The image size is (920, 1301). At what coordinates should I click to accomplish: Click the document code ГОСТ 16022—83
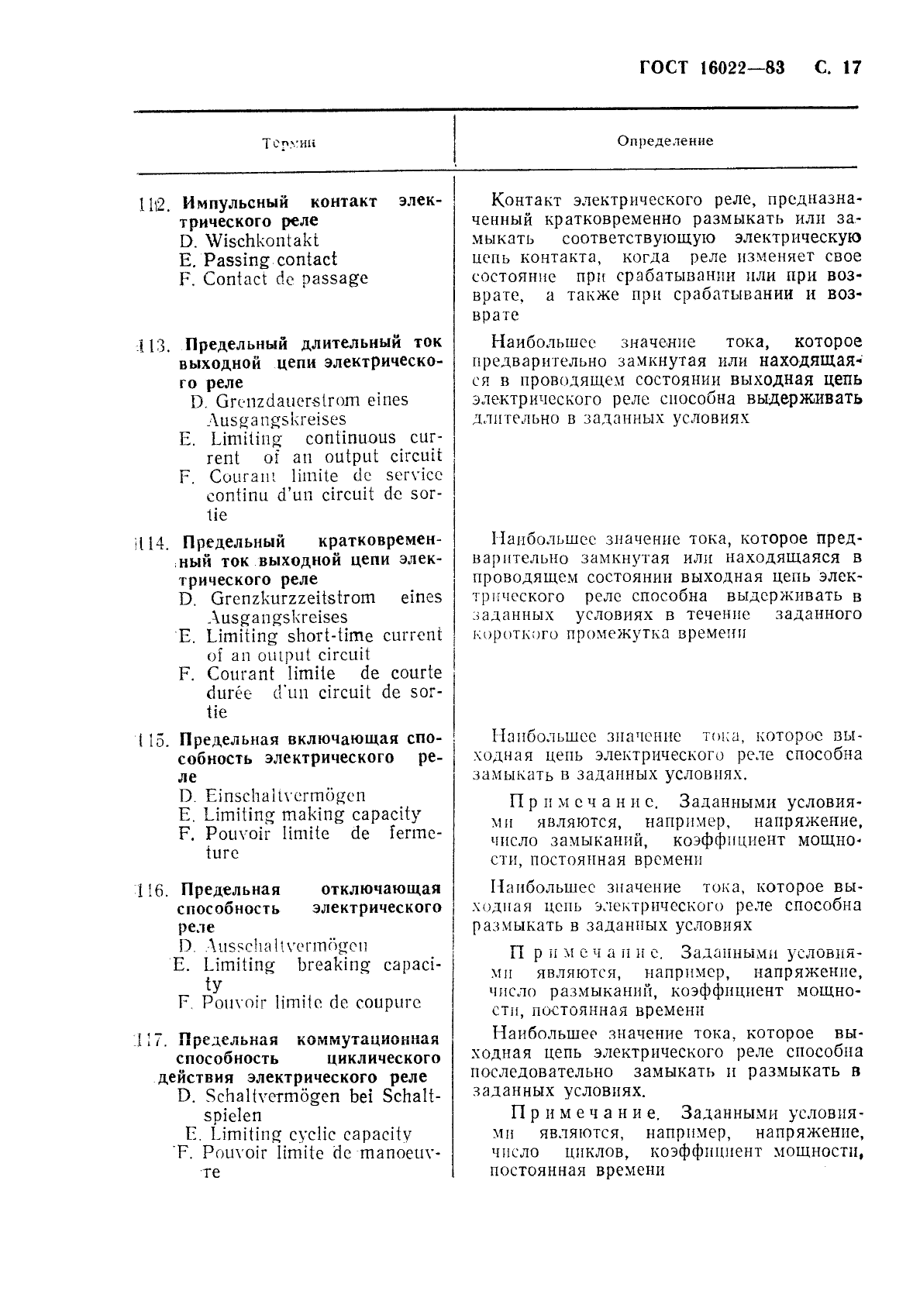(712, 67)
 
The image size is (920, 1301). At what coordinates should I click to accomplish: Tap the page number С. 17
(838, 67)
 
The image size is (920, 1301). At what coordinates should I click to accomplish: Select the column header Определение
(665, 141)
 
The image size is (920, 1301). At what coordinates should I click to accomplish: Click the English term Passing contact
(270, 260)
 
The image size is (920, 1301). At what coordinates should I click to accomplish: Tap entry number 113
(152, 345)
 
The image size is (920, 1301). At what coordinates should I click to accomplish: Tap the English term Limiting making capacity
(312, 814)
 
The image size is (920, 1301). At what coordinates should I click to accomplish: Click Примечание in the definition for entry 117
(585, 1114)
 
